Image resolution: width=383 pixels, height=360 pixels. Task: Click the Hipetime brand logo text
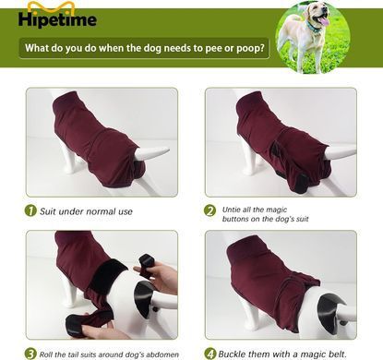(57, 19)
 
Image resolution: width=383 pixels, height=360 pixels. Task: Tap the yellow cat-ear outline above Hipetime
(52, 6)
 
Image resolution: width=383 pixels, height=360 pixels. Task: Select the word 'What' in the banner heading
(36, 48)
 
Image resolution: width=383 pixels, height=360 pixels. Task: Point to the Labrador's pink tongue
(323, 21)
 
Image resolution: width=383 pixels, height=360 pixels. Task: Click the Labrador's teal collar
(313, 27)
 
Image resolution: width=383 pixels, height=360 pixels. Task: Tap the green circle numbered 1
(30, 210)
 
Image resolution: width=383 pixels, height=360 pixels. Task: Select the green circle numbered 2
(210, 211)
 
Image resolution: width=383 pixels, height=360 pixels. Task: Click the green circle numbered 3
(30, 354)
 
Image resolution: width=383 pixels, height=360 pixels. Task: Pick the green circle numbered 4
(210, 354)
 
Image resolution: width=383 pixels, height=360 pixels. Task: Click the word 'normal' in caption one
(101, 211)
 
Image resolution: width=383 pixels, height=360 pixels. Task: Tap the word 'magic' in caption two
(276, 210)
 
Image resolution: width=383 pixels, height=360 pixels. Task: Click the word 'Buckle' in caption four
(232, 354)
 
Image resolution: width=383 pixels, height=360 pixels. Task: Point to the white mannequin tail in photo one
(151, 153)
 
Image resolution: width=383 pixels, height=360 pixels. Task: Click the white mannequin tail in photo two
(339, 152)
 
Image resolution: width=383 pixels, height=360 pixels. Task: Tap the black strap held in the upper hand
(146, 262)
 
